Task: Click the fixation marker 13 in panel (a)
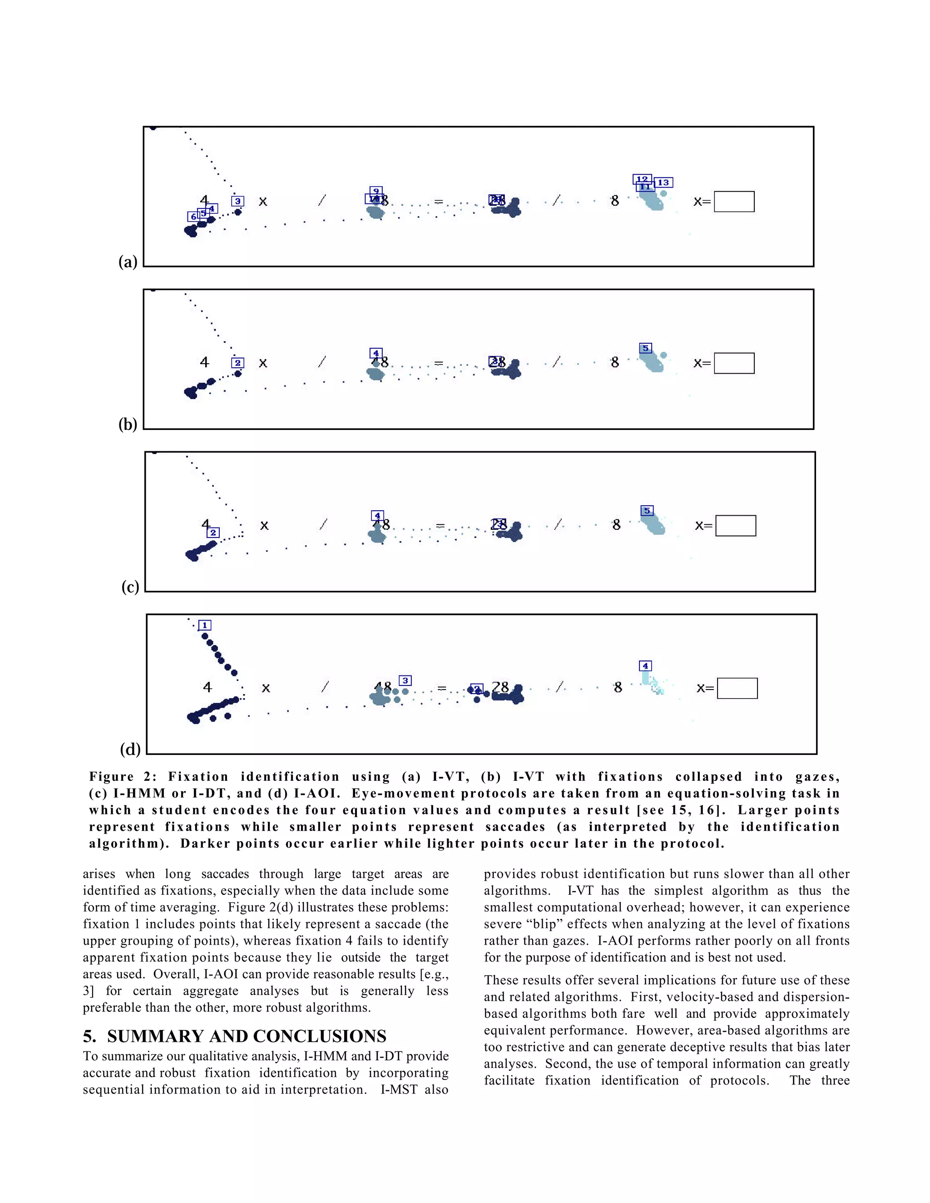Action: [x=663, y=182]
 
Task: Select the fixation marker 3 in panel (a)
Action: [x=237, y=201]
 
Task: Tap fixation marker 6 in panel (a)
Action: [x=193, y=217]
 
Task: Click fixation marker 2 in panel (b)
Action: [x=237, y=363]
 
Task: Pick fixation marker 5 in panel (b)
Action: [x=645, y=348]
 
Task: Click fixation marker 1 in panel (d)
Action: [x=204, y=625]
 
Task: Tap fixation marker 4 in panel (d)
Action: [x=645, y=666]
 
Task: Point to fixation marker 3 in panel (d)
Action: [x=405, y=681]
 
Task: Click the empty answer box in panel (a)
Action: [x=734, y=202]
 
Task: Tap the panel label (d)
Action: [x=130, y=749]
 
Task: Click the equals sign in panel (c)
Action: [x=440, y=526]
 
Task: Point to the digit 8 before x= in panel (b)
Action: [x=615, y=362]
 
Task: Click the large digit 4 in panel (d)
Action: [x=207, y=687]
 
